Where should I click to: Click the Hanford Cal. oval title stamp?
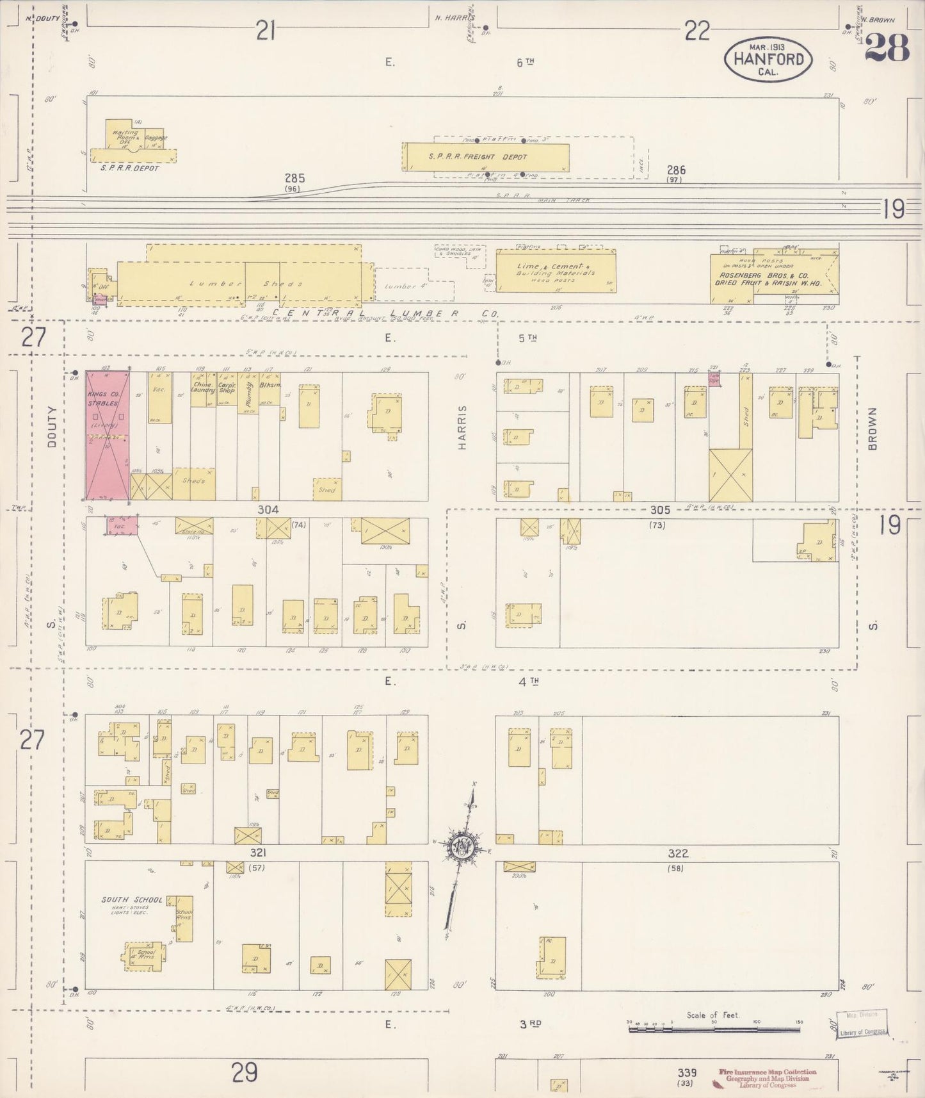tap(768, 59)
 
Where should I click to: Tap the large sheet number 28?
tap(887, 47)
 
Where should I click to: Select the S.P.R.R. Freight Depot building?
tap(487, 157)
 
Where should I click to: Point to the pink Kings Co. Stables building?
tap(108, 436)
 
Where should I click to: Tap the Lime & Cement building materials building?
tap(556, 270)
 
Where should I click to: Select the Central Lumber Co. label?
tap(384, 313)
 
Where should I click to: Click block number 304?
tap(268, 510)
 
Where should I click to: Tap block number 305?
tap(659, 510)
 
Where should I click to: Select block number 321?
tap(258, 853)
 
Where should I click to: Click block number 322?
tap(677, 853)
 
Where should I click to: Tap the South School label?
tap(132, 899)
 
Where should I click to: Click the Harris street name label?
tap(462, 427)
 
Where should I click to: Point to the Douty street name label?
tap(52, 427)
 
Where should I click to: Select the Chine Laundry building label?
tap(202, 388)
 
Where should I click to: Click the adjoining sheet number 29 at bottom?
tap(245, 1072)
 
